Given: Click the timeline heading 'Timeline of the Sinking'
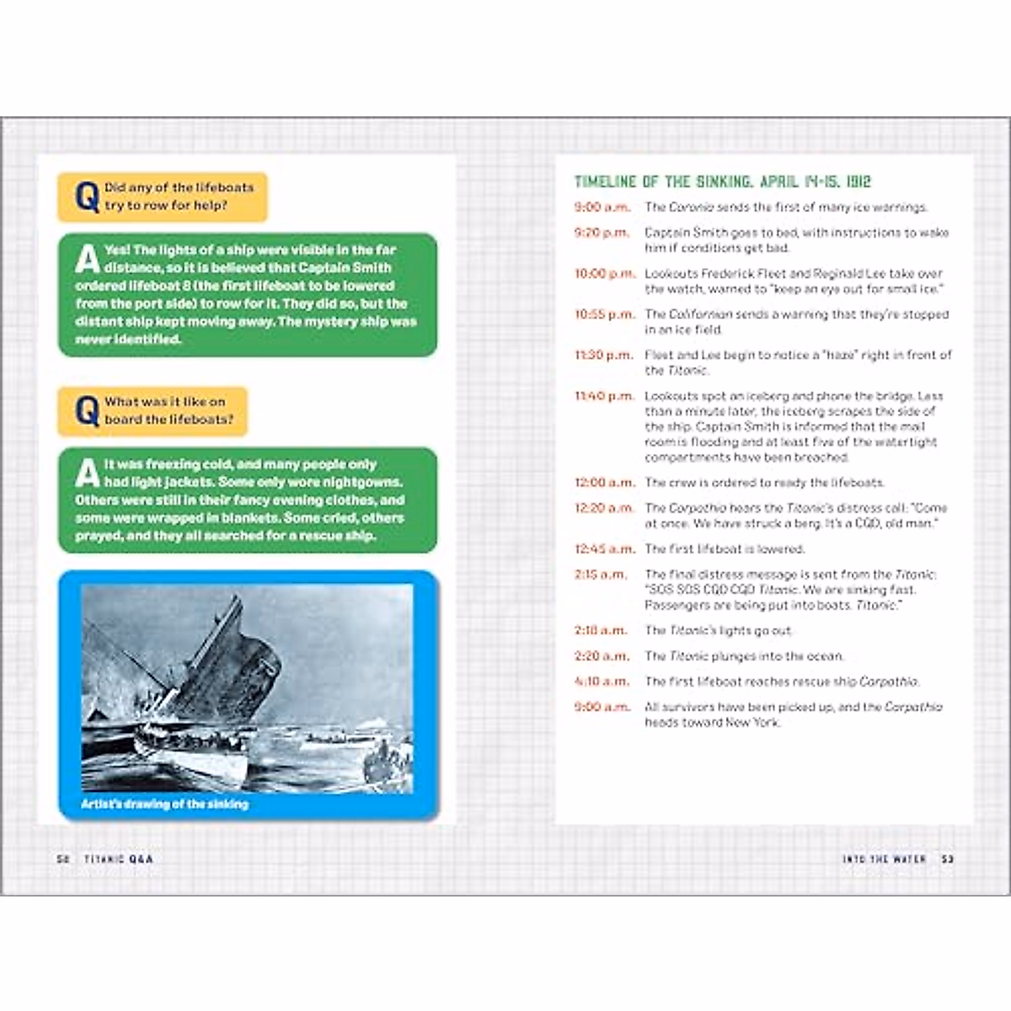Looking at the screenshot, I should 722,182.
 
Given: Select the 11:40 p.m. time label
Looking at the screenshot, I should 604,396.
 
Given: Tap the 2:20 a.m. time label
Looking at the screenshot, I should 601,656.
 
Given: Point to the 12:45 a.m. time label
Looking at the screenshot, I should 604,549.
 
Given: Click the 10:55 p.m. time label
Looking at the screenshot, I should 604,314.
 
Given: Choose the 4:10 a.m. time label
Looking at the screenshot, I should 601,682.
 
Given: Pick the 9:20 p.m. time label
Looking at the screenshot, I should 601,233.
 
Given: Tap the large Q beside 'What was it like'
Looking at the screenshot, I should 87,412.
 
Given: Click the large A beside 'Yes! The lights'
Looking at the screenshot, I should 87,259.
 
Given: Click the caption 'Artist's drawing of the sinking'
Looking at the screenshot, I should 164,805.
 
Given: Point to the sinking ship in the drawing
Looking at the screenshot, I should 211,657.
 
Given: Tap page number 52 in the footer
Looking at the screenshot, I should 62,859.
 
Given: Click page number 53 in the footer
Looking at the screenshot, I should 948,859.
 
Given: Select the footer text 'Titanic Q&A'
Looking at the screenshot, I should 119,859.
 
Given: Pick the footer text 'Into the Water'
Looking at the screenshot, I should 884,859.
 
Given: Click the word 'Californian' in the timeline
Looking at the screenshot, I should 701,314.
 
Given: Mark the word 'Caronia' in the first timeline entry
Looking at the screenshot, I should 691,207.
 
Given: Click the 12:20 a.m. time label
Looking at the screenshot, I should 604,508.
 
